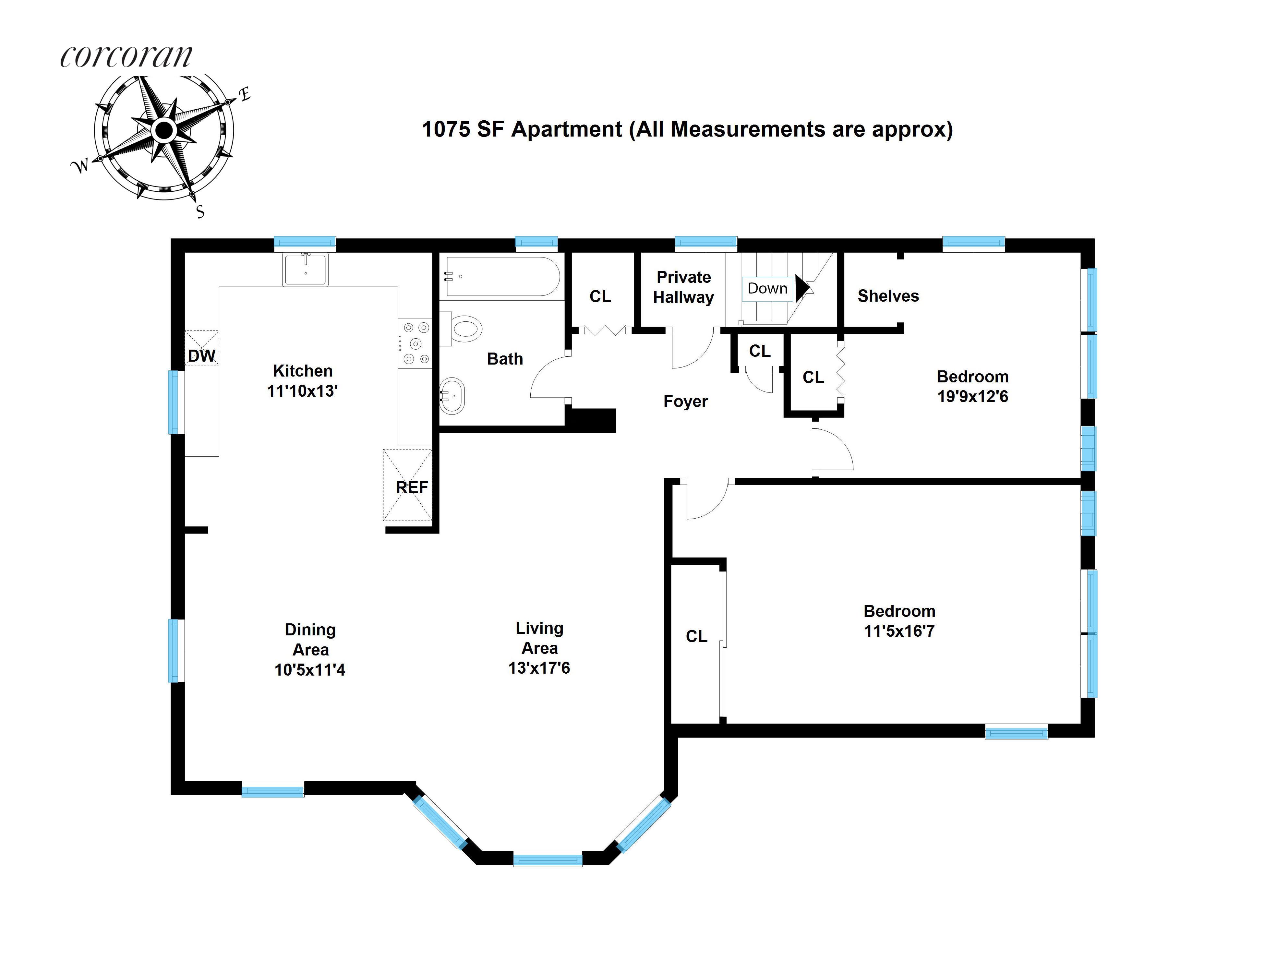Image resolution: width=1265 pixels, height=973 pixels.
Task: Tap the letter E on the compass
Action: click(245, 94)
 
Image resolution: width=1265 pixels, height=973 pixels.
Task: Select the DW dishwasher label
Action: click(201, 355)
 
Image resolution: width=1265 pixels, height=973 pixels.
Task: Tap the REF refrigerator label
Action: click(412, 488)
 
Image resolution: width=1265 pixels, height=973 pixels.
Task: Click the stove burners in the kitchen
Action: click(415, 343)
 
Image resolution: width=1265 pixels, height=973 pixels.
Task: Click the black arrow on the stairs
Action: click(801, 288)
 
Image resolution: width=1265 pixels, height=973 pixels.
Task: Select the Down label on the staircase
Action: click(767, 288)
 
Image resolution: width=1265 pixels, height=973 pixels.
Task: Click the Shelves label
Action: click(888, 296)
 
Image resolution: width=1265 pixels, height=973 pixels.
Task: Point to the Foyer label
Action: click(685, 402)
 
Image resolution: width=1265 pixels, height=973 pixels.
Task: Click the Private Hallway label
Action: click(683, 287)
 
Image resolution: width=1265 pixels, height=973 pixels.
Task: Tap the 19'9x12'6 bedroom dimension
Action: click(972, 397)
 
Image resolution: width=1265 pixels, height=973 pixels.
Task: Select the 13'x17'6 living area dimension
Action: click(539, 668)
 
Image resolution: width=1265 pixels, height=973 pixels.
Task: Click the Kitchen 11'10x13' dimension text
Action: click(302, 391)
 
